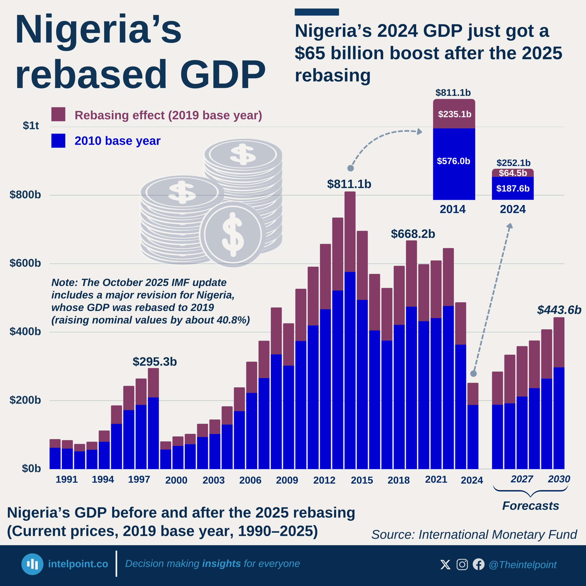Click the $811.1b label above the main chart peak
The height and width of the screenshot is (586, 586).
coord(349,184)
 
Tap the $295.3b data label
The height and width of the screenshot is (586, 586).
coord(155,361)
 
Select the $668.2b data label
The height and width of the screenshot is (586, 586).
coord(413,234)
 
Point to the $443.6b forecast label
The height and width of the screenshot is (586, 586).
coord(559,310)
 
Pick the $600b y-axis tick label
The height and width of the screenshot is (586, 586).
coord(25,263)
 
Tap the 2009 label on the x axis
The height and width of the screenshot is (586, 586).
coord(287,480)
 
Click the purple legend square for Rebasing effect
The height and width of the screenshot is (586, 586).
coord(58,114)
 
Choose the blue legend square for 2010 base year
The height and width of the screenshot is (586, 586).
coord(58,141)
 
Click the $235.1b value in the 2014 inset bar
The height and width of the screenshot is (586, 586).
coord(454,114)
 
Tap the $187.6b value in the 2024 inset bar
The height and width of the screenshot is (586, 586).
coord(513,189)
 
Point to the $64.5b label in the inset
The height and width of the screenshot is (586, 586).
coord(513,173)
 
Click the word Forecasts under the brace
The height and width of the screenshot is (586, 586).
coord(531,506)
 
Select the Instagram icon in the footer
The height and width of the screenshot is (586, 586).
coord(462,564)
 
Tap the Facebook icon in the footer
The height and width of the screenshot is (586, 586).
coord(479,564)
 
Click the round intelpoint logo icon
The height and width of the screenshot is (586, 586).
coord(32,564)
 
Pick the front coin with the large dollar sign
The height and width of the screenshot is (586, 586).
coord(232,234)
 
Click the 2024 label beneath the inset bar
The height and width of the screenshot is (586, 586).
coord(513,209)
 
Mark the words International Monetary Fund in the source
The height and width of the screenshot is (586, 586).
coord(497,535)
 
